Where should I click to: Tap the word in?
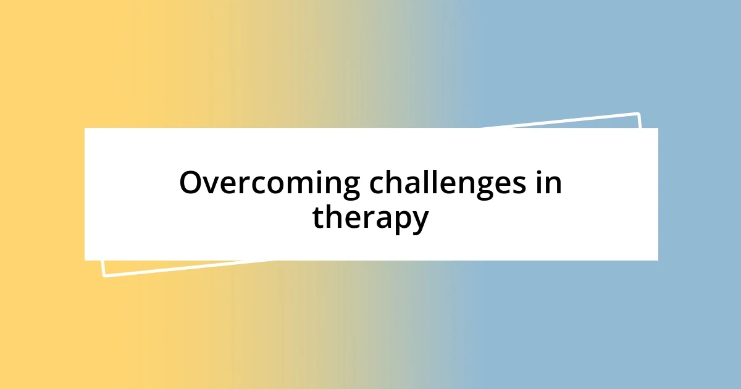coord(548,184)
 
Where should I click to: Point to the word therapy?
coord(370,218)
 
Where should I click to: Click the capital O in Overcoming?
coord(191,184)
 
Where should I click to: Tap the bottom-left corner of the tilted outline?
coord(103,275)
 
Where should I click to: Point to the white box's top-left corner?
coord(85,128)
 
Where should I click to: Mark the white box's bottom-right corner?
coord(658,260)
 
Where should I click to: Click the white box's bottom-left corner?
coord(85,260)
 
